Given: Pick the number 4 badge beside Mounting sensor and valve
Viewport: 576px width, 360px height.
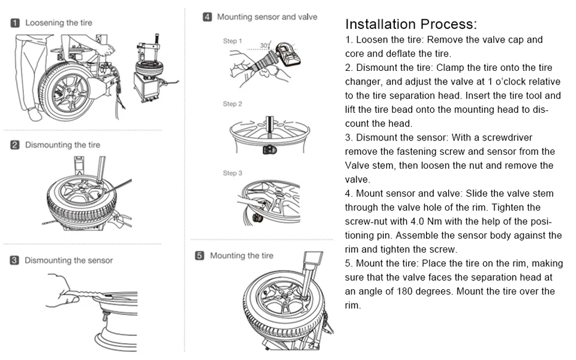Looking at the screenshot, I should [207, 17].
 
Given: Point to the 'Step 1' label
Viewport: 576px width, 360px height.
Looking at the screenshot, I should [233, 41].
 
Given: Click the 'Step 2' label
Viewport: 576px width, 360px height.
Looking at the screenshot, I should [233, 104].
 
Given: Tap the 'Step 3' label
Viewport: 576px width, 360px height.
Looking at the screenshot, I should [233, 173].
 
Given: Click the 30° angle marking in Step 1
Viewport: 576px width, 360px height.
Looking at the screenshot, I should [265, 45].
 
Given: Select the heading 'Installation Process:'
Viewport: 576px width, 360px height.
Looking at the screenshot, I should [411, 25].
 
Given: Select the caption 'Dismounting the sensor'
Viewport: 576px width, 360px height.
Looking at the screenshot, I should [68, 260].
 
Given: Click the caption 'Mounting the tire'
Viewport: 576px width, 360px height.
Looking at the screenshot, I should [242, 256].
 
